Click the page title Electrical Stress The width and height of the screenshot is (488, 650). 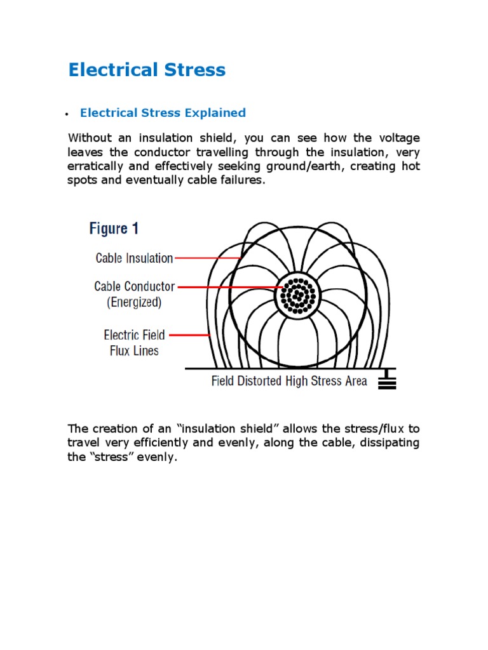[147, 70]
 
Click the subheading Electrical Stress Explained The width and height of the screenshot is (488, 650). [163, 113]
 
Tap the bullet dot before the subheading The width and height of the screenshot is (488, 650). [66, 114]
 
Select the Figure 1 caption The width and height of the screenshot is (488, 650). [114, 229]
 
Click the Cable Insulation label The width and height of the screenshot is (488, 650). [134, 258]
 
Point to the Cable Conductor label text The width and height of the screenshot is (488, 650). [134, 286]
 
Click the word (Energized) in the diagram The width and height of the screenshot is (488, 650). [134, 302]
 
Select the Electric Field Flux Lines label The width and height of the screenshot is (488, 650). [134, 342]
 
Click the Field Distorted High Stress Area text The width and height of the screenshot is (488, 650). [289, 381]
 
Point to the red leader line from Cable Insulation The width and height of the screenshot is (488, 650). [207, 258]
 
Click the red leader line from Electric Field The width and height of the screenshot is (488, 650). [190, 335]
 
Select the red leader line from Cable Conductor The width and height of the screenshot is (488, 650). [229, 287]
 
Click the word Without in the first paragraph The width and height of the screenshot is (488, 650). [90, 138]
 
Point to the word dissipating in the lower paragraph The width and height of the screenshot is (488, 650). [390, 443]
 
